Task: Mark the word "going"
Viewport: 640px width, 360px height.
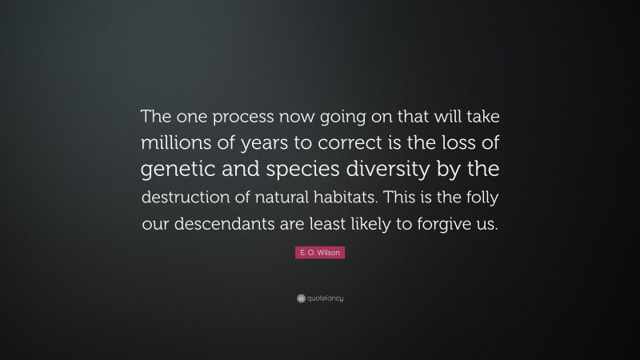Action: (x=334, y=118)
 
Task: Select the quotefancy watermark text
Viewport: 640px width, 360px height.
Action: (x=324, y=298)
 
